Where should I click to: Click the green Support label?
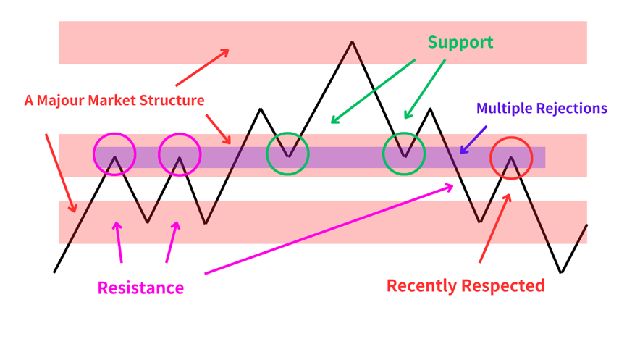tap(460, 42)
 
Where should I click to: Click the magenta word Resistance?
tap(140, 288)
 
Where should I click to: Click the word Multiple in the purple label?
tap(505, 109)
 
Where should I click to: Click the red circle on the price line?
tap(511, 157)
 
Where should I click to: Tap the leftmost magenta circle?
tap(114, 154)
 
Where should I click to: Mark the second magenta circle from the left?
tap(180, 154)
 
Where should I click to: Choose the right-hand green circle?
tap(404, 154)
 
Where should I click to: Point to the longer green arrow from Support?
tap(371, 91)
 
